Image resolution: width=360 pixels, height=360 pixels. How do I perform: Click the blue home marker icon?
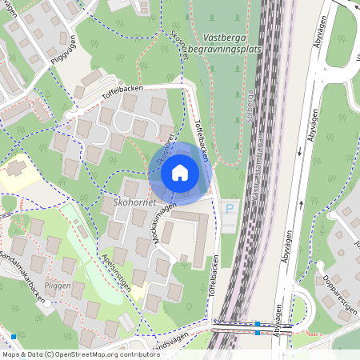point(180,171)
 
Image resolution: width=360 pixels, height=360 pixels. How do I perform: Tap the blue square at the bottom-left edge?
point(14,336)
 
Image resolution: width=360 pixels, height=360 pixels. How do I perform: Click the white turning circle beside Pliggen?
point(50,304)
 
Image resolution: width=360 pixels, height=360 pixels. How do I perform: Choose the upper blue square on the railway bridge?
point(257,324)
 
